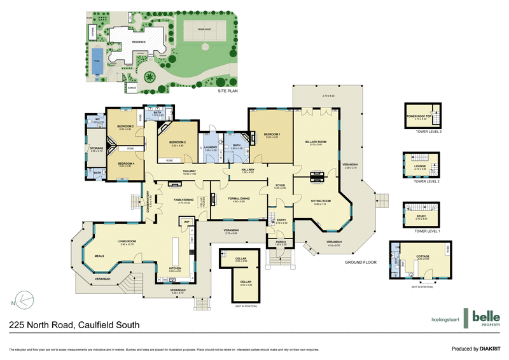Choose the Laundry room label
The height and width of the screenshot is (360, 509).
[x=211, y=148]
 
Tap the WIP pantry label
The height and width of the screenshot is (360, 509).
[x=186, y=221]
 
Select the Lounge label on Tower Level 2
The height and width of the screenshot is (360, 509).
[x=419, y=167]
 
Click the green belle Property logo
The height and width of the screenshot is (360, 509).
[x=485, y=317]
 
